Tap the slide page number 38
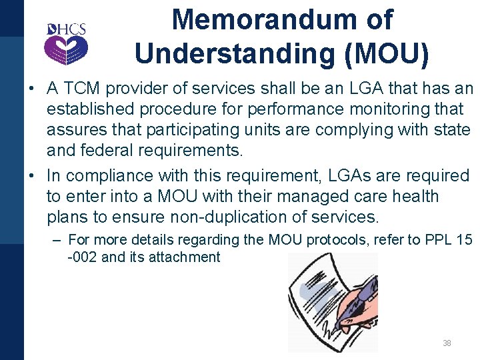click(x=447, y=343)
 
